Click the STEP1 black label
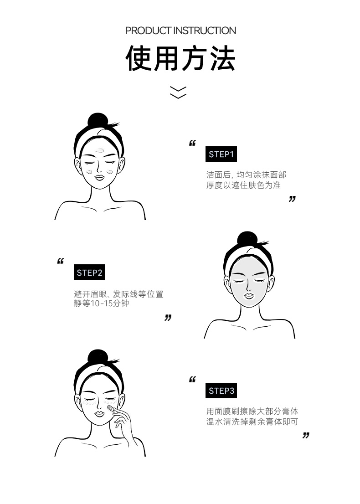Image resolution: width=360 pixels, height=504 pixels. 221,154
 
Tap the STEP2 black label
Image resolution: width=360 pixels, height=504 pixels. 89,272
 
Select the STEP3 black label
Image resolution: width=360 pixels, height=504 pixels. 221,391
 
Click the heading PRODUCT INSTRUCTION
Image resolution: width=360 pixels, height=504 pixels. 180,31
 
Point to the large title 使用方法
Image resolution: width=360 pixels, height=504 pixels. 180,58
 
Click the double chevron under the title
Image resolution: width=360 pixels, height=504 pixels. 178,92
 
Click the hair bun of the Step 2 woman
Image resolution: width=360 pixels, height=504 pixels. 247,240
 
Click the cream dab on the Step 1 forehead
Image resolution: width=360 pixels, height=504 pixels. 100,150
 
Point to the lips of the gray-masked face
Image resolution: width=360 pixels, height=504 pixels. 248,295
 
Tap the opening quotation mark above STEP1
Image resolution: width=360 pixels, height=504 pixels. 192,143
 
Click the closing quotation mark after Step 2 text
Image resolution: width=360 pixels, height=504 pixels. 168,318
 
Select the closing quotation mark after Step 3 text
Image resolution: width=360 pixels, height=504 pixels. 306,435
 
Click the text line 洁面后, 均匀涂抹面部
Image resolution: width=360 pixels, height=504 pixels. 246,175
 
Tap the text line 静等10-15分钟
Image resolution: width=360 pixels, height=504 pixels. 102,303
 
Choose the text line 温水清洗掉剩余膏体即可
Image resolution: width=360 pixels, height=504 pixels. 252,422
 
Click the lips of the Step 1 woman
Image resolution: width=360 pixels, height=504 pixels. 99,176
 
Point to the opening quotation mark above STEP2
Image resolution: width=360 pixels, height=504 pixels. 61,261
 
